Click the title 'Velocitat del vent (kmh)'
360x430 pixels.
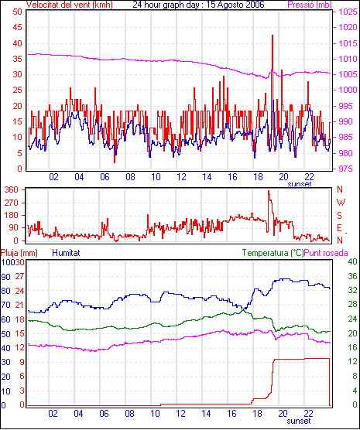click(x=70, y=5)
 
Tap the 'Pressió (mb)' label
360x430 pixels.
click(x=310, y=5)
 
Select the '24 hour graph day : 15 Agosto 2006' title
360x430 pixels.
click(x=198, y=5)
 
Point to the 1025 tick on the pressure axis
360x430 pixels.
click(x=348, y=12)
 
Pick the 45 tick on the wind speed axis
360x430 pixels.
click(x=17, y=27)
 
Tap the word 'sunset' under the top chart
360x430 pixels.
click(x=300, y=184)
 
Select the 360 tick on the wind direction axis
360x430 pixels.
click(x=12, y=189)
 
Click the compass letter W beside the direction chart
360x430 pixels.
click(x=341, y=203)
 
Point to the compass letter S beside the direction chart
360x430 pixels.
click(x=339, y=216)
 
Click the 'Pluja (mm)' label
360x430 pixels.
click(x=19, y=253)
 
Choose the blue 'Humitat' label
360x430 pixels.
click(x=66, y=253)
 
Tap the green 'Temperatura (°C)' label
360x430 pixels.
click(x=273, y=253)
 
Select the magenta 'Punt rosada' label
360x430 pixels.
click(x=326, y=253)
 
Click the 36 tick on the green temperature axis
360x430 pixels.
click(x=352, y=276)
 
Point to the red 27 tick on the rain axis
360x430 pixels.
click(x=19, y=276)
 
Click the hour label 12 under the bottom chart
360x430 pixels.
click(x=180, y=413)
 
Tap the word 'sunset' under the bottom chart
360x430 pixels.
click(x=299, y=421)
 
